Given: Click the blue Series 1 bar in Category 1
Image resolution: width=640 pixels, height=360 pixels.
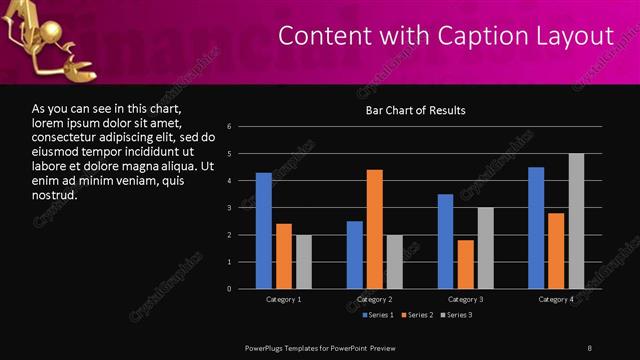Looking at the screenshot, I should pyautogui.click(x=263, y=231).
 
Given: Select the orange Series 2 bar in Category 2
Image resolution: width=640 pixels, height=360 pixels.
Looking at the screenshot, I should pyautogui.click(x=375, y=229).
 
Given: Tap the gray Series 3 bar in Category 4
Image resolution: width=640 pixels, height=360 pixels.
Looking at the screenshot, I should pyautogui.click(x=576, y=221).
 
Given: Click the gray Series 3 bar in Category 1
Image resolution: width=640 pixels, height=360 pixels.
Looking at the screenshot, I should pyautogui.click(x=303, y=262).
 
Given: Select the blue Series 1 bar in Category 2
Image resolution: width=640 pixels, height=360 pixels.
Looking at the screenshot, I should pyautogui.click(x=355, y=255).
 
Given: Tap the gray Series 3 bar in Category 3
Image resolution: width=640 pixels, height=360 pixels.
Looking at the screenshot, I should pyautogui.click(x=486, y=248).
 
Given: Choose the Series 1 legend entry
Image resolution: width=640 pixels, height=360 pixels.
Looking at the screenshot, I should pyautogui.click(x=378, y=315).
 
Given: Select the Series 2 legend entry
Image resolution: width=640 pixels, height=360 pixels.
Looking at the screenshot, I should pyautogui.click(x=416, y=315).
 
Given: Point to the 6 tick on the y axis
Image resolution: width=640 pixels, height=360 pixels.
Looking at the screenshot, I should pyautogui.click(x=230, y=127).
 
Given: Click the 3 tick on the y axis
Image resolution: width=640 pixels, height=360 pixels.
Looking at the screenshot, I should pyautogui.click(x=230, y=208).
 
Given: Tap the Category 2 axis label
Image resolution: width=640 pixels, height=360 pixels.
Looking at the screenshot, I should pyautogui.click(x=375, y=299).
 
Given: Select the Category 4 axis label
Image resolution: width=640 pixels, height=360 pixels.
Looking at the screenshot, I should pyautogui.click(x=556, y=299).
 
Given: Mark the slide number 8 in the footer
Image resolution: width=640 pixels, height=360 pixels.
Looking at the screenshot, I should pyautogui.click(x=589, y=346).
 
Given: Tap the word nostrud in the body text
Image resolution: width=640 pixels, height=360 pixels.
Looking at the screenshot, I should pyautogui.click(x=54, y=195).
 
